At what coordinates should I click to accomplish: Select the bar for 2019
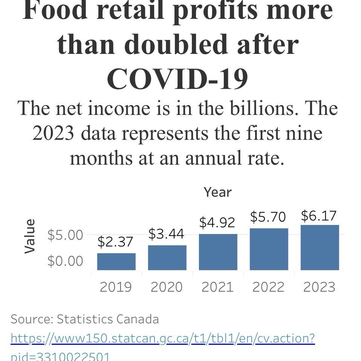[x=116, y=262]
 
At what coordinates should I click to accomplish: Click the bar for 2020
[x=167, y=258]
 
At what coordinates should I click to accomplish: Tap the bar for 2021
[x=218, y=252]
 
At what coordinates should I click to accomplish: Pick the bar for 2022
[x=269, y=249]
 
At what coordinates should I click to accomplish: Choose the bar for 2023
[x=320, y=248]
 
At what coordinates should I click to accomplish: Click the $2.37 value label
[x=115, y=242]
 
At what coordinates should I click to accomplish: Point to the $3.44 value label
[x=166, y=234]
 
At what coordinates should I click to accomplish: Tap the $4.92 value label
[x=217, y=222]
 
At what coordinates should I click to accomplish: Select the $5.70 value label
[x=268, y=217]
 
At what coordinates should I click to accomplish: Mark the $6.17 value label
[x=319, y=216]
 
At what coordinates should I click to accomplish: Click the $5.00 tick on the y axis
[x=65, y=235]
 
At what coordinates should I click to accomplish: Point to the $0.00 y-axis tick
[x=65, y=261]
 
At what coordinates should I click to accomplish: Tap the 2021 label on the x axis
[x=217, y=287]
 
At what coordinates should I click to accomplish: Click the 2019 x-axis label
[x=116, y=287]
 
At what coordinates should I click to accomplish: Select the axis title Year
[x=217, y=192]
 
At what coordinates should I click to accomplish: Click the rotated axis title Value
[x=30, y=236]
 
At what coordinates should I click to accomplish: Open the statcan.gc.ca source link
[x=162, y=338]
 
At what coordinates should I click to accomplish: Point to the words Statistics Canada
[x=107, y=319]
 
